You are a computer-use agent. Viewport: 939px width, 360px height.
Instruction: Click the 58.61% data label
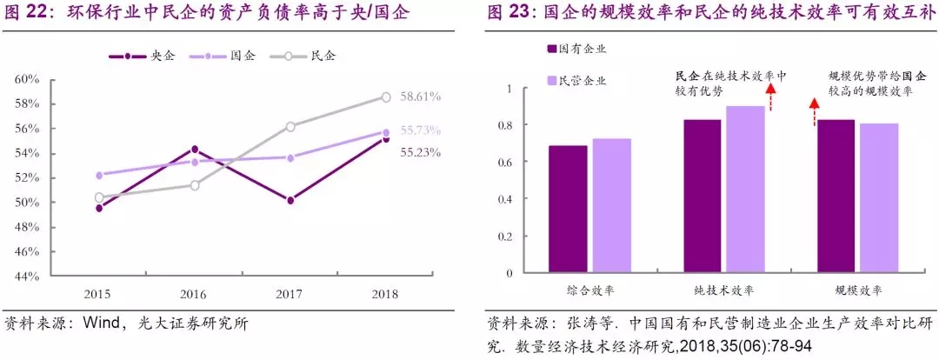click(x=420, y=97)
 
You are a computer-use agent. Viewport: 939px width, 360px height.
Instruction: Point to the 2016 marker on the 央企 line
click(x=195, y=149)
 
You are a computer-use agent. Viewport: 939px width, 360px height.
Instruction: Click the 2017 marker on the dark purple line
click(x=290, y=200)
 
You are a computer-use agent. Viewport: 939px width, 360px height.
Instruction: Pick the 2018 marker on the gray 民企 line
click(x=386, y=97)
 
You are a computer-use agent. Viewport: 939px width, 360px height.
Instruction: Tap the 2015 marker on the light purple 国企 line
click(x=99, y=175)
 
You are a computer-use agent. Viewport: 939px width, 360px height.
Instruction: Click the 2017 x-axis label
click(x=290, y=294)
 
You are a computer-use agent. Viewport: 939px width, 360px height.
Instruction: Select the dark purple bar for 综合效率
click(x=568, y=209)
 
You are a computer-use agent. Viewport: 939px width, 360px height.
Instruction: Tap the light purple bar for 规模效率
click(x=879, y=197)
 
